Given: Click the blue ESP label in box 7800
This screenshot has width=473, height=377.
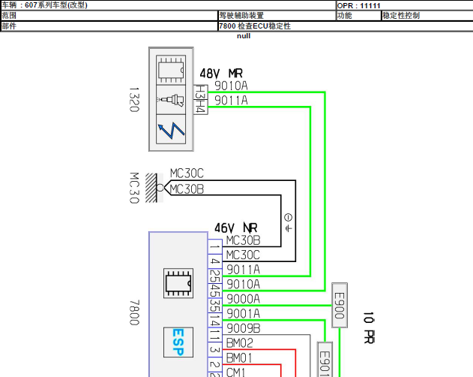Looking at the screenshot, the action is [178, 342].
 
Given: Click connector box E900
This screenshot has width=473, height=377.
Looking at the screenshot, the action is [340, 306].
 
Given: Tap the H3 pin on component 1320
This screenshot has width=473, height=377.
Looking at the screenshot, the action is [201, 92].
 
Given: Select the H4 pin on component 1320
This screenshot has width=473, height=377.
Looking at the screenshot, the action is [201, 107].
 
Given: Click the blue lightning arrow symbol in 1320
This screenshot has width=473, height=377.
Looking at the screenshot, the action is [171, 130].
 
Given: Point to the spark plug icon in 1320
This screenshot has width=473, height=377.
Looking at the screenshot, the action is [171, 100].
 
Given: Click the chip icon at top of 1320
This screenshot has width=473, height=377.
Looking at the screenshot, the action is [171, 70].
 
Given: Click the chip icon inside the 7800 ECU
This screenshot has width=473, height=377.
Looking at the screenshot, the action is [178, 283].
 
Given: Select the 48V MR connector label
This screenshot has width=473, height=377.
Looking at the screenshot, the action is [221, 74].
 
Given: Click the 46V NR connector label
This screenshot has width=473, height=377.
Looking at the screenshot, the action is [236, 228].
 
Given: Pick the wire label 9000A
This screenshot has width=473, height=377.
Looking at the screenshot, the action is [243, 299].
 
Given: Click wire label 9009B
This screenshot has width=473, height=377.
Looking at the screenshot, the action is [243, 328].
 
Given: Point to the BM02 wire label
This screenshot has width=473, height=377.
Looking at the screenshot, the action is [240, 343].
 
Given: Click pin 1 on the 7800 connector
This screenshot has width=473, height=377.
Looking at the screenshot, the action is [215, 247].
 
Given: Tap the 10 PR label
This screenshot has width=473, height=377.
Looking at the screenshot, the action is [369, 328].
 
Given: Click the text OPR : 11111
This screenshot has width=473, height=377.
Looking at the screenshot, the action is [358, 5].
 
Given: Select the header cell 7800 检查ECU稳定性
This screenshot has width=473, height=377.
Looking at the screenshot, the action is [255, 26].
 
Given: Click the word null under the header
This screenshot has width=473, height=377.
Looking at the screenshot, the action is [244, 36].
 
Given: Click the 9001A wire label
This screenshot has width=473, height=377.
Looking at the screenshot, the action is [243, 314].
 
